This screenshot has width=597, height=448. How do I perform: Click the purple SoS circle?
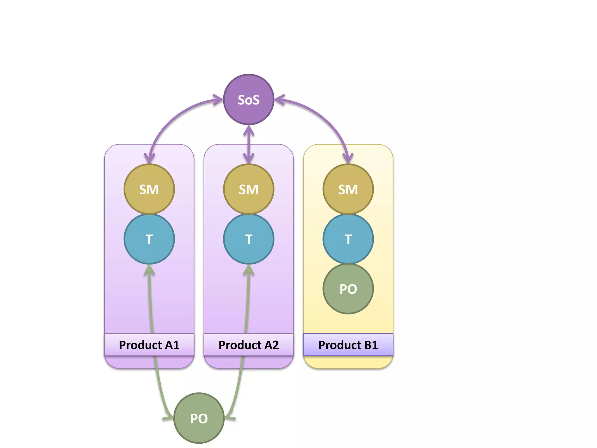248,99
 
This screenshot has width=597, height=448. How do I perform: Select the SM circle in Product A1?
149,189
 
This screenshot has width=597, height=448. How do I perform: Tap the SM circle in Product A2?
248,189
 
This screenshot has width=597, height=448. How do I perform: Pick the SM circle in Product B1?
348,189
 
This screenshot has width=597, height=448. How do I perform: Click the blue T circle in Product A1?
149,239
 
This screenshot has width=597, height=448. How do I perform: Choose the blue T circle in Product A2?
248,239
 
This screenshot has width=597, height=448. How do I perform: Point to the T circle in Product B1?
348,239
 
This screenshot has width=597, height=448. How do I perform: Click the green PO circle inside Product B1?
348,289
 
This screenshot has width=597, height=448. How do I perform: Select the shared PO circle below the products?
199,418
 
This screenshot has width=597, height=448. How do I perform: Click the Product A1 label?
149,345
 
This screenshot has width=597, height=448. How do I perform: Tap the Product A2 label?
248,345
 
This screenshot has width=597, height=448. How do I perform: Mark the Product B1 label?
348,345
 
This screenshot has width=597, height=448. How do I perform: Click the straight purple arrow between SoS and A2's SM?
248,144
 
